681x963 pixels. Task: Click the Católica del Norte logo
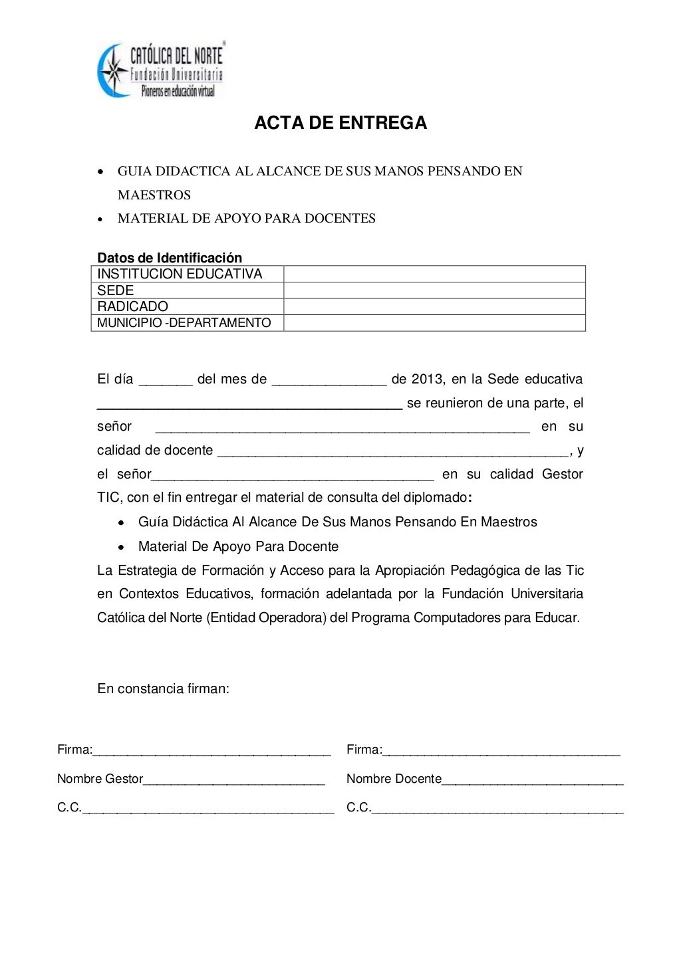[x=161, y=70]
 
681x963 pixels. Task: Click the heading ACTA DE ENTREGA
[x=340, y=123]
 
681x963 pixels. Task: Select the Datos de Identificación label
[x=170, y=258]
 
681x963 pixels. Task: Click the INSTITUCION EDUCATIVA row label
[x=180, y=274]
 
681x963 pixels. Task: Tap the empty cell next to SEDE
[x=434, y=290]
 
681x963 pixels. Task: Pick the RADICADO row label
[x=132, y=306]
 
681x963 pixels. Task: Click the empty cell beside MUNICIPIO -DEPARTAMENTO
[x=434, y=323]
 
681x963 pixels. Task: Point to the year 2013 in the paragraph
[x=427, y=379]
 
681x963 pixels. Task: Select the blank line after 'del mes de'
[x=329, y=382]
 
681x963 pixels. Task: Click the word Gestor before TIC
[x=562, y=475]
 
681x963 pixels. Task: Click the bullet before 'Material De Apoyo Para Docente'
[x=121, y=548]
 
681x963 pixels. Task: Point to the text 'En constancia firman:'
[x=163, y=689]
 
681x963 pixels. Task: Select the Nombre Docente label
[x=394, y=779]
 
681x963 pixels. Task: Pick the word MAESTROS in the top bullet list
[x=154, y=195]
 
